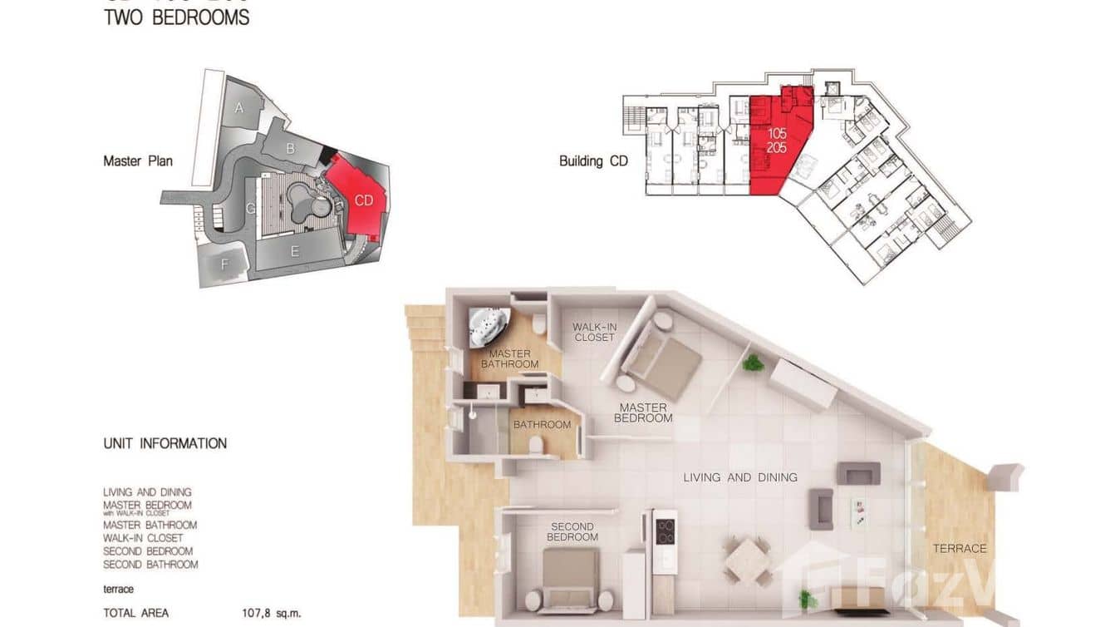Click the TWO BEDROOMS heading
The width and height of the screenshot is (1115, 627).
[176, 17]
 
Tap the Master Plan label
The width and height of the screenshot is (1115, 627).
[138, 160]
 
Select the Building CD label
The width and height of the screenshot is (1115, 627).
[593, 160]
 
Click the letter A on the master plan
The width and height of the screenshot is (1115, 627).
[239, 107]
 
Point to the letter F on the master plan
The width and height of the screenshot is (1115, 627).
[223, 264]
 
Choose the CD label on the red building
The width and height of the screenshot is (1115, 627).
[364, 200]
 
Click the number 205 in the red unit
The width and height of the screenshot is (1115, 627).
[777, 147]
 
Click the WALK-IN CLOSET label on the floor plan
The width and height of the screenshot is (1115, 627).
[594, 332]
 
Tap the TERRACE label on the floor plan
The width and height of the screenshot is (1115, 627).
[960, 548]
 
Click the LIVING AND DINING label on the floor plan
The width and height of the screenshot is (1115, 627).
[740, 477]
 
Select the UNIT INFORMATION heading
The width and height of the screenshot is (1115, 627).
[165, 443]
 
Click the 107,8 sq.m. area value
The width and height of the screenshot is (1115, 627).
[267, 614]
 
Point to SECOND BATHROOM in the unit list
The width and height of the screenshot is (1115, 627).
[150, 565]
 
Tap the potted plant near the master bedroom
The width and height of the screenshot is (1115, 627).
[754, 363]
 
